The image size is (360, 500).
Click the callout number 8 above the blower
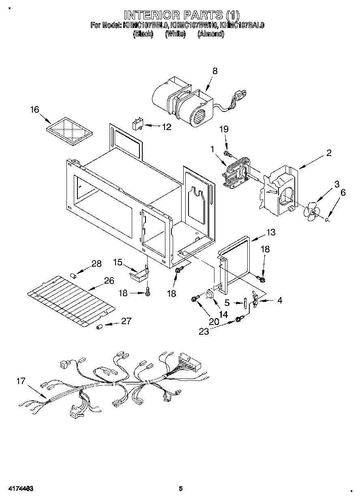coord(214,71)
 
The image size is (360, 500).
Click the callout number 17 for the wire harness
coord(21,381)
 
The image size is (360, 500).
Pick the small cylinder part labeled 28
coord(74,276)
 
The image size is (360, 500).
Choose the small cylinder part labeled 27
coord(99,327)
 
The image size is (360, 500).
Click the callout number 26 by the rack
coord(109,280)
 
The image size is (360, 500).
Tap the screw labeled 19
coord(227,154)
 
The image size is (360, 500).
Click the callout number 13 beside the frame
coord(271,232)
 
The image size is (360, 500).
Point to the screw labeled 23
coord(239,321)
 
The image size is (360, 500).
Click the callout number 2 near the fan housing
coord(329,153)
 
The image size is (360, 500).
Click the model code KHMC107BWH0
coord(194,25)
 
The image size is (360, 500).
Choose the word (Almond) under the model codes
coord(210,34)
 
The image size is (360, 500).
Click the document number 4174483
coord(20,488)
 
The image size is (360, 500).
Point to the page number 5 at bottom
coord(181,488)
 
